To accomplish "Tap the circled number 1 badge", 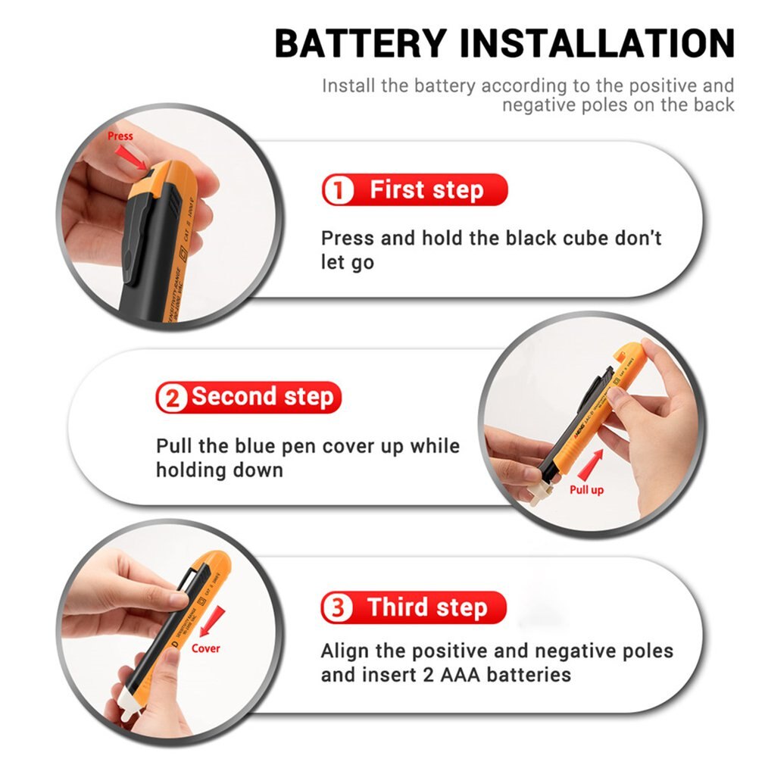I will pyautogui.click(x=338, y=190).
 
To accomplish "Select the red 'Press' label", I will pyautogui.click(x=120, y=136).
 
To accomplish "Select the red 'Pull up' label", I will pyautogui.click(x=586, y=490).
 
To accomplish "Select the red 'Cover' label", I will pyautogui.click(x=205, y=648).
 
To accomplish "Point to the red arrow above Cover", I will pyautogui.click(x=217, y=619).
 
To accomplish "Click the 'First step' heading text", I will pyautogui.click(x=426, y=190).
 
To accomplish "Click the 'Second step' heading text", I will pyautogui.click(x=262, y=397).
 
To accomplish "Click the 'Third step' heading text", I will pyautogui.click(x=427, y=608).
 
